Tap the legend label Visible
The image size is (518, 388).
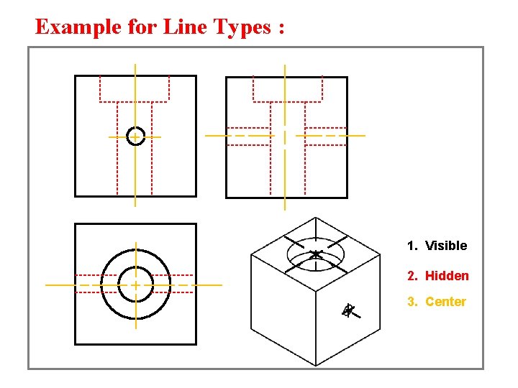(x=446, y=246)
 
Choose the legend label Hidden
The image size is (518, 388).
(x=447, y=276)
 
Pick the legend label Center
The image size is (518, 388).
(x=445, y=302)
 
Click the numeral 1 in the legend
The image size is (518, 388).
(x=410, y=246)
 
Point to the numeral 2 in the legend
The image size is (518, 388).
(x=411, y=276)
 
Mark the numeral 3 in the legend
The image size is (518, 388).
(x=411, y=302)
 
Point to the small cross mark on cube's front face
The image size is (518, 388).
(x=348, y=310)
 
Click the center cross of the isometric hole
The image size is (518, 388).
(x=316, y=254)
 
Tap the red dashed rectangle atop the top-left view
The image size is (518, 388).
(x=135, y=88)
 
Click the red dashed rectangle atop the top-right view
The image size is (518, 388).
(x=287, y=88)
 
